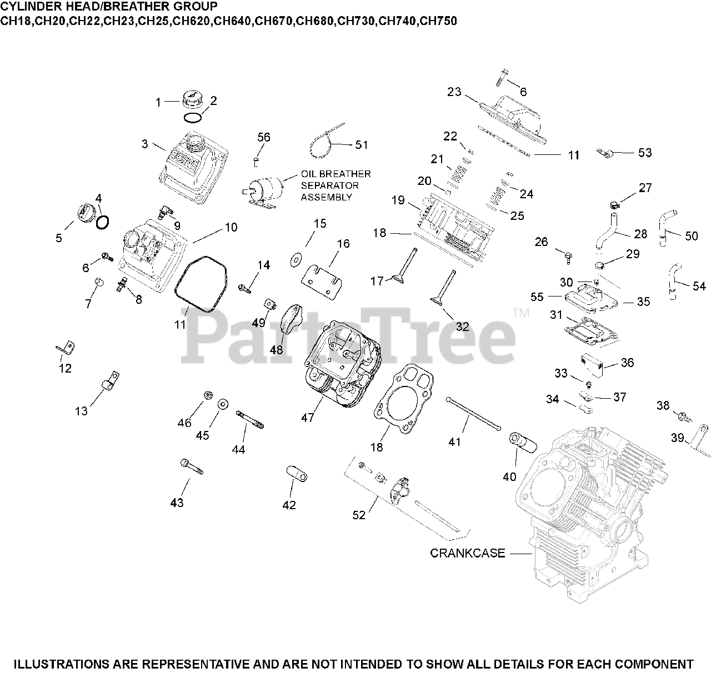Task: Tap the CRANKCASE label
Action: [x=467, y=553]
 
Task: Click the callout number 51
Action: [x=361, y=144]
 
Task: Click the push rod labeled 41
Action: [x=473, y=413]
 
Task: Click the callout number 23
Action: [x=454, y=92]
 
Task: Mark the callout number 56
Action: [x=264, y=137]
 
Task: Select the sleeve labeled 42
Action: [x=297, y=475]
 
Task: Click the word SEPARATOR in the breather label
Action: [x=330, y=185]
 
